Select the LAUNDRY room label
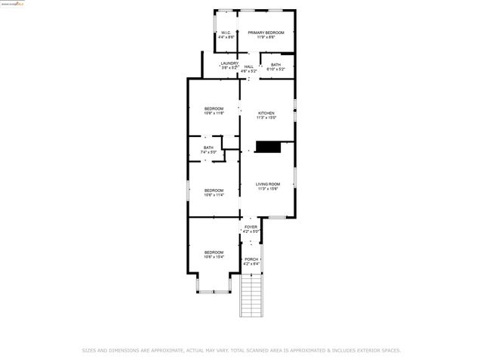(229, 64)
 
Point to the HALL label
(248, 67)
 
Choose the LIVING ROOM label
(267, 185)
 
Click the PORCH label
(251, 259)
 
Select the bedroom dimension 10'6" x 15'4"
(214, 257)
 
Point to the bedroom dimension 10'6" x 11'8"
(214, 113)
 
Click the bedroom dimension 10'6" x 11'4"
(214, 195)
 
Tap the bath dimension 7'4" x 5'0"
(208, 153)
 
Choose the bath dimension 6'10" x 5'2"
(276, 70)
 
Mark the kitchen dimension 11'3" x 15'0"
(266, 118)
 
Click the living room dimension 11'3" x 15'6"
(267, 189)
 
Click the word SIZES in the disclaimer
(90, 350)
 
